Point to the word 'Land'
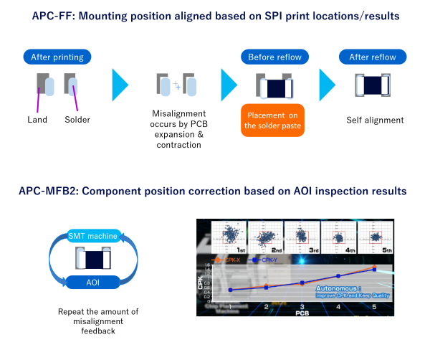[x=37, y=119]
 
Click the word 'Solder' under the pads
[x=77, y=119]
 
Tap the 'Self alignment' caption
[x=375, y=119]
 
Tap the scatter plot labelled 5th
[x=377, y=237]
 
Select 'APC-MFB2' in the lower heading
[x=42, y=191]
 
